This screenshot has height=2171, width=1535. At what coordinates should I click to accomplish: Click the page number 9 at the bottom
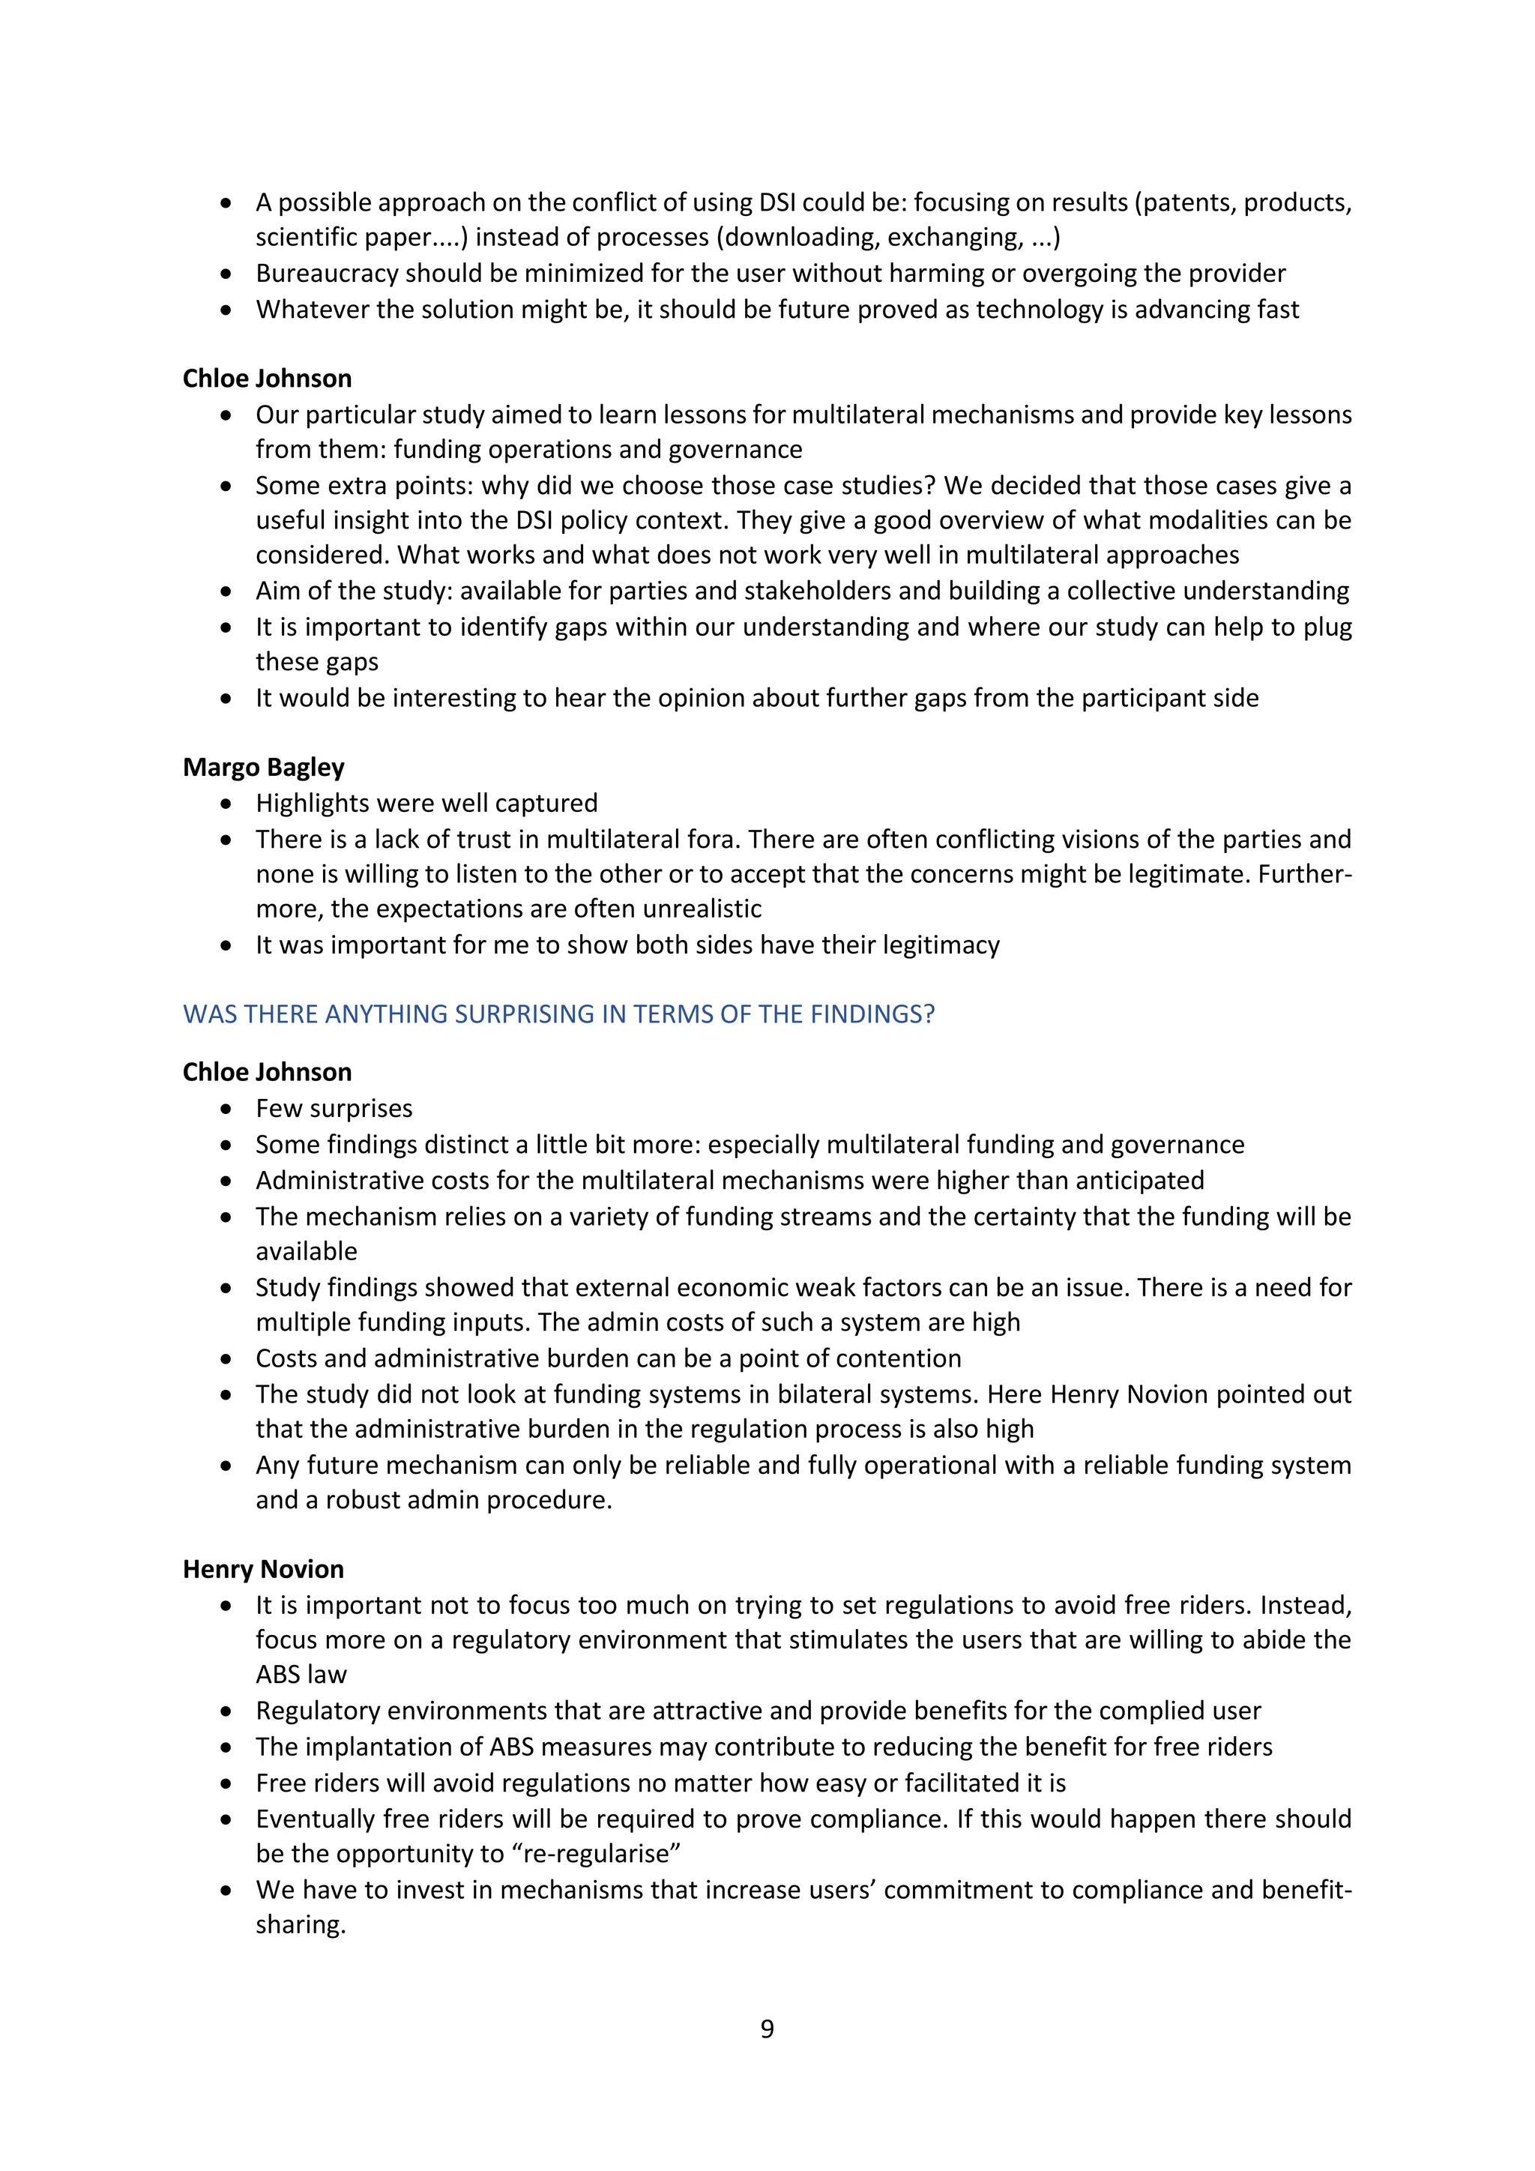767,2029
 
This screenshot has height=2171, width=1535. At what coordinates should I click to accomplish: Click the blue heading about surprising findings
558,1014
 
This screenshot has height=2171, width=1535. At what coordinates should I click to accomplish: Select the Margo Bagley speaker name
263,767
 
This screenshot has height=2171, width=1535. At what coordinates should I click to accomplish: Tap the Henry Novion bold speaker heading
263,1569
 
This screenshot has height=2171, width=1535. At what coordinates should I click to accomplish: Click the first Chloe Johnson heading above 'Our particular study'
267,379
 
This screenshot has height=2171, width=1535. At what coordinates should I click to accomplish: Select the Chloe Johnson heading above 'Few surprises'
267,1071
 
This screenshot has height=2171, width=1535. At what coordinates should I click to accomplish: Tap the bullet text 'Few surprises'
334,1108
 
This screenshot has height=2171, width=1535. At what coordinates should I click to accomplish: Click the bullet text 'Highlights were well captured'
426,803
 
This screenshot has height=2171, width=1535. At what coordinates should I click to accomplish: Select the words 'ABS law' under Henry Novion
301,1675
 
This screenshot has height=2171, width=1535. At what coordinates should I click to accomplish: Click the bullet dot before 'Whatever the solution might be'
225,310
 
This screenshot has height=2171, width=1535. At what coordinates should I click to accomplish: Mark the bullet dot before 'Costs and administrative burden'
225,1359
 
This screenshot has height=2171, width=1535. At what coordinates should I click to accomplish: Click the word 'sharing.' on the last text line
301,1924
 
